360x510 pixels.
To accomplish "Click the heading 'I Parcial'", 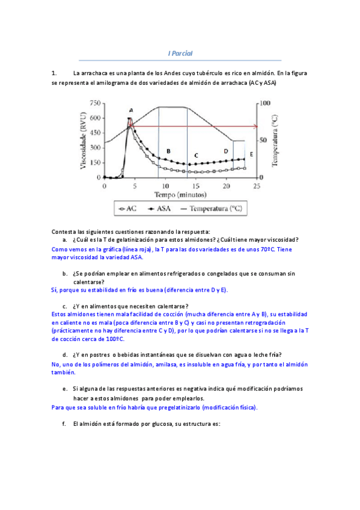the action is click(x=180, y=53).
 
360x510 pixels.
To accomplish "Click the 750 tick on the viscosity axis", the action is click(x=94, y=103).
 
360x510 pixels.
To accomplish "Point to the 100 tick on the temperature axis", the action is click(x=265, y=103).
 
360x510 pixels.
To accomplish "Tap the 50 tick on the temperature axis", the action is click(x=263, y=140).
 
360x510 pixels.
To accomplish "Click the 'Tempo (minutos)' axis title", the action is click(x=180, y=195).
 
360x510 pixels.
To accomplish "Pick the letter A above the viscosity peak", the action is click(x=131, y=110).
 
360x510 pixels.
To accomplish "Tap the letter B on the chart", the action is click(x=168, y=150).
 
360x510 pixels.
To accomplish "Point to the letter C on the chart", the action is click(x=196, y=155).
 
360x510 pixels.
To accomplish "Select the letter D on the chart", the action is click(x=226, y=151).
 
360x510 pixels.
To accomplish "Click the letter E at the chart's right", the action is click(x=251, y=155).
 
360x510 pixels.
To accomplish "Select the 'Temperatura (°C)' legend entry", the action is click(x=216, y=209).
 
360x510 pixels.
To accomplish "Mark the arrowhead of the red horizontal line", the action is click(x=256, y=126).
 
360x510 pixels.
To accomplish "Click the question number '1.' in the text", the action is click(x=54, y=73).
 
